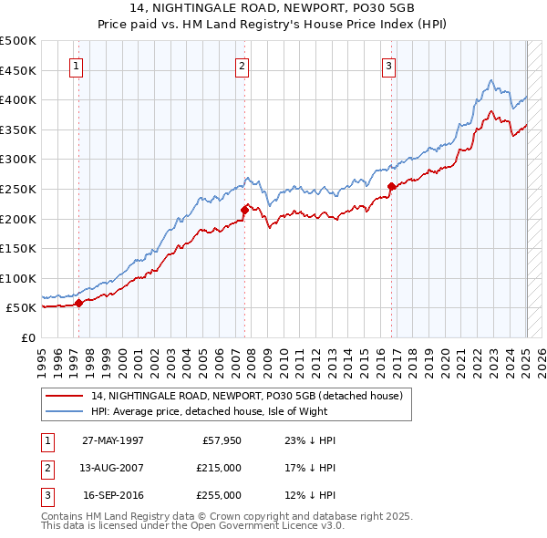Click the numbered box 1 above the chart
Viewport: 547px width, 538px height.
77,66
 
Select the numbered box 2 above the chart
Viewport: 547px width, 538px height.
243,66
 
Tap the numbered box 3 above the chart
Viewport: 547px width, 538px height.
388,66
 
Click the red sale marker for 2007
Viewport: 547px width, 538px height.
244,210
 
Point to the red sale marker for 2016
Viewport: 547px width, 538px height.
391,186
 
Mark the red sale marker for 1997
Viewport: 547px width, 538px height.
78,303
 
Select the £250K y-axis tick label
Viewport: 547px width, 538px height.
18,189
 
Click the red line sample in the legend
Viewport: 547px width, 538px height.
65,395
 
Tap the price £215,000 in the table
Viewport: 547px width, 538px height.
220,468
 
